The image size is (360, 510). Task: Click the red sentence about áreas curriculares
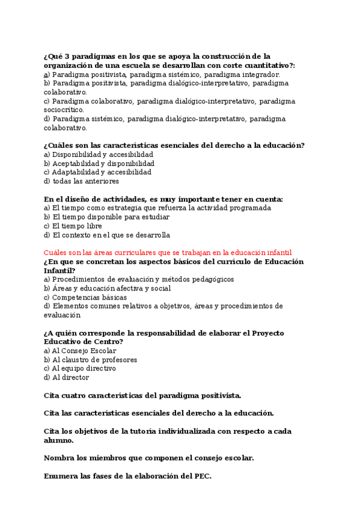click(168, 253)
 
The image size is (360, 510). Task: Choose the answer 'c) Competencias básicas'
click(85, 297)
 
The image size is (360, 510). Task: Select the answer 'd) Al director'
click(67, 378)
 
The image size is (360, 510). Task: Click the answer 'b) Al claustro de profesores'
click(91, 360)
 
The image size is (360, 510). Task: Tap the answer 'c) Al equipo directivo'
click(80, 369)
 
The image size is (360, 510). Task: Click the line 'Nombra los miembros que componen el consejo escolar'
click(148, 458)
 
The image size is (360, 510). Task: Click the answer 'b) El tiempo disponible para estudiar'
click(107, 217)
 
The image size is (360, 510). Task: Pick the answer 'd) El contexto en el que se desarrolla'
click(107, 235)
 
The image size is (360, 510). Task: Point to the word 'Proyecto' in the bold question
click(268, 333)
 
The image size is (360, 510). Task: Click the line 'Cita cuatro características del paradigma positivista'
click(142, 395)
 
